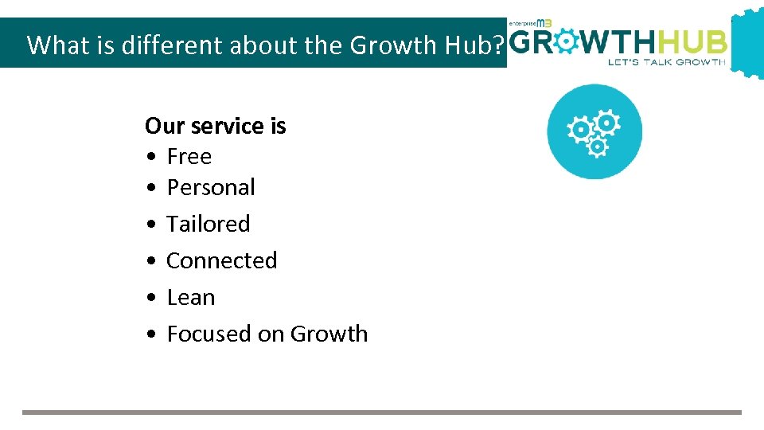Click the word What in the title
(x=53, y=45)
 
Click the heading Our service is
(x=215, y=126)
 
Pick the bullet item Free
(x=189, y=157)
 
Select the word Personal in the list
(x=211, y=188)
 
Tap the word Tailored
(x=208, y=224)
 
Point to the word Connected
(x=221, y=260)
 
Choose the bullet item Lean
(x=191, y=297)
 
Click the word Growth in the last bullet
(x=329, y=334)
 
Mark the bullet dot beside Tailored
(x=151, y=225)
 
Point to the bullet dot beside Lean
(x=151, y=298)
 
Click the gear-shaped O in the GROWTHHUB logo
(x=567, y=41)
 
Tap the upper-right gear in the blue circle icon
(x=607, y=123)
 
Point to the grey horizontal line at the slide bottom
(x=381, y=412)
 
